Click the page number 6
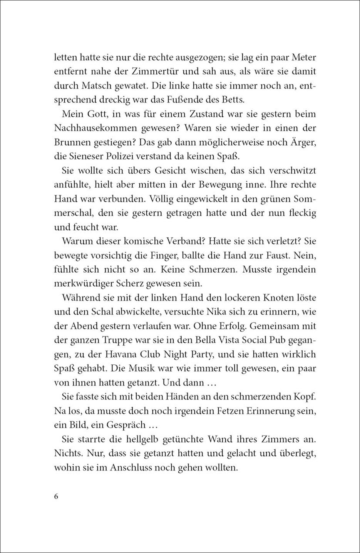click(56, 496)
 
